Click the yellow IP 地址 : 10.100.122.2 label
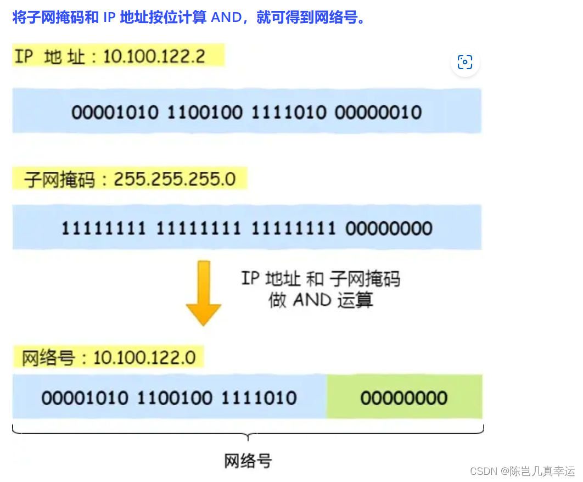point(118,56)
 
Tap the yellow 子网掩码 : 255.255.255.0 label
point(130,180)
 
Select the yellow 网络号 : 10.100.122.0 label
point(109,358)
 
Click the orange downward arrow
point(204,294)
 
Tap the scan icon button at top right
point(465,62)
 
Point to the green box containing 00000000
point(405,397)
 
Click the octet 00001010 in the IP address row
point(115,113)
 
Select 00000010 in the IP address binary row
point(378,113)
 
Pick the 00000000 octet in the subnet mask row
point(389,228)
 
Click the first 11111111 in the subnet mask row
point(103,228)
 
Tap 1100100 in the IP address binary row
point(205,113)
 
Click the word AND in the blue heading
point(226,17)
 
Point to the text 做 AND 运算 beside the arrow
point(321,300)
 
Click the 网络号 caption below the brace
point(248,461)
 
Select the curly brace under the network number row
point(248,433)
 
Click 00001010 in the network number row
point(85,397)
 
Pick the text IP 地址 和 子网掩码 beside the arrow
point(321,279)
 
